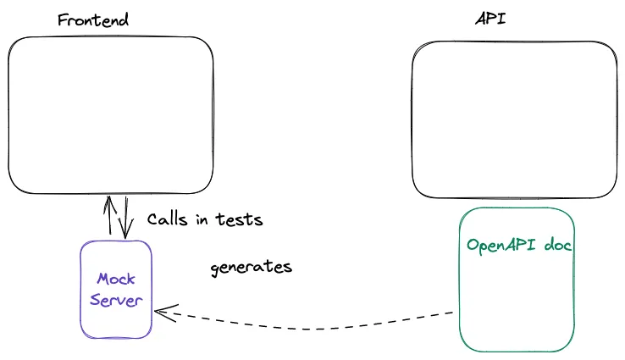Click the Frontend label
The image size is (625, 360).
[93, 20]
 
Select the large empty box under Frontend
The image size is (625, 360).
[110, 115]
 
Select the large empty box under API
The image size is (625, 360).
[515, 121]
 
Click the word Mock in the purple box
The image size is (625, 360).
[116, 279]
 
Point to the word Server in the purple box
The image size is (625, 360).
[116, 301]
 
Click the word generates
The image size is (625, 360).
[251, 268]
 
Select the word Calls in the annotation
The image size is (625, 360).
[166, 219]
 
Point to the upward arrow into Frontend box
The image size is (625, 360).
[108, 217]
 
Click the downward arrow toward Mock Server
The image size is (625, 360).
[125, 217]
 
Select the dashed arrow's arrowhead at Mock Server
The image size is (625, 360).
[161, 311]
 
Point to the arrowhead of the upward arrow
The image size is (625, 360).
[108, 202]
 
